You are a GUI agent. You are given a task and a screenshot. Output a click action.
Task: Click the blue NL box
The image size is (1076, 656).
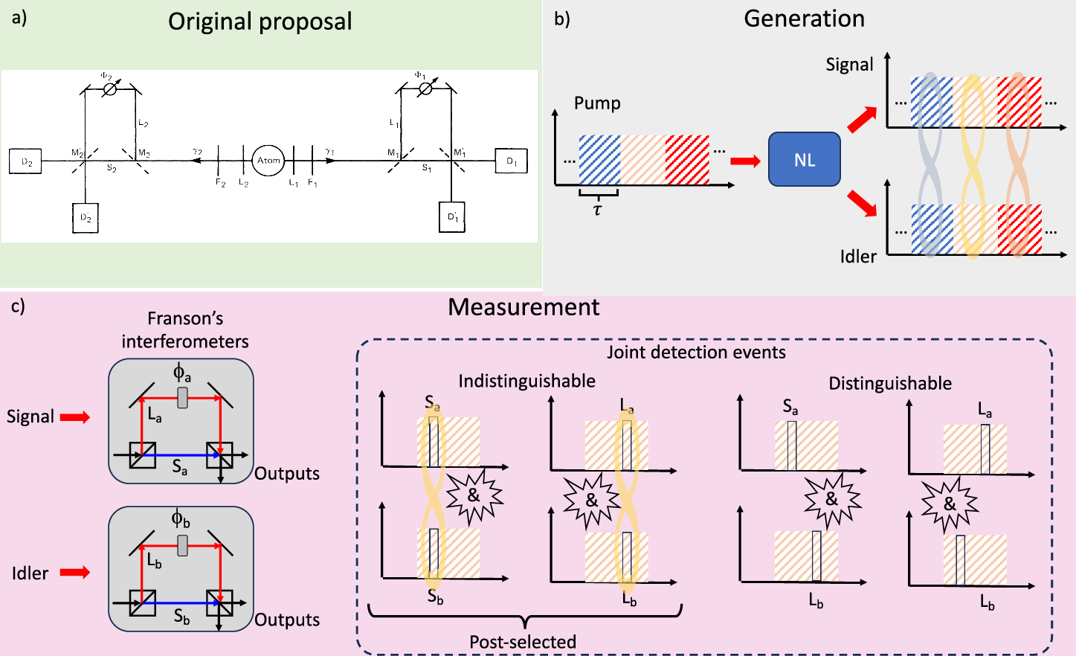[804, 159]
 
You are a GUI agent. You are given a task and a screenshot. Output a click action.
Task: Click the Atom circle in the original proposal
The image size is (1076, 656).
[268, 160]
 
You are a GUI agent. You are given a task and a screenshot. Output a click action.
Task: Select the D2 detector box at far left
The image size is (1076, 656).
[26, 161]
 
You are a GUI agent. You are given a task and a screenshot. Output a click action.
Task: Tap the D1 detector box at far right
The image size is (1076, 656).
[512, 161]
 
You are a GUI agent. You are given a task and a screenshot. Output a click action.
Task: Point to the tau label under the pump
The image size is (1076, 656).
[597, 210]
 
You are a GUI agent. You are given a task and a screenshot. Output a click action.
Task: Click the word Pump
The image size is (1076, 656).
[597, 103]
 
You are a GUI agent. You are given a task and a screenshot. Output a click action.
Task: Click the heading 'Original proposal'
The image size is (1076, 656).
[260, 22]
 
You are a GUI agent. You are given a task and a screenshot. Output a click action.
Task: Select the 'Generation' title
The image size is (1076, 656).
[804, 19]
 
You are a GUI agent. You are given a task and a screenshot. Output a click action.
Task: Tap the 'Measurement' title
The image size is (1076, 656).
[523, 307]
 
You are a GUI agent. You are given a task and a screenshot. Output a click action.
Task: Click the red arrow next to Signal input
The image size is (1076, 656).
[74, 417]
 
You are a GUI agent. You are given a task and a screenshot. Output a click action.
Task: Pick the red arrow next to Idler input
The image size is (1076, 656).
[74, 572]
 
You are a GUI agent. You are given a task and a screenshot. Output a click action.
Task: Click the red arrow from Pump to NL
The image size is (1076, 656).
[745, 161]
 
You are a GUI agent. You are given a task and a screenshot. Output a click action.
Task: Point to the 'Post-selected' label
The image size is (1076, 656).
[523, 642]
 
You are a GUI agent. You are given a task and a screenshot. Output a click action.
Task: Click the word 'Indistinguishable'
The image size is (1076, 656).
[526, 382]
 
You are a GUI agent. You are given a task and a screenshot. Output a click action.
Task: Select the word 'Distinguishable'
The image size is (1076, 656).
[890, 384]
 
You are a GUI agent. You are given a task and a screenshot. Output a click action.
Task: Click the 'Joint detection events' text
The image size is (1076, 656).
[696, 353]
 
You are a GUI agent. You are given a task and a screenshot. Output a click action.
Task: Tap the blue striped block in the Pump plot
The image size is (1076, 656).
[599, 159]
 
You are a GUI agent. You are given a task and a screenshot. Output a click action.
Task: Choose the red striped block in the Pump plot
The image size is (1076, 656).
[687, 159]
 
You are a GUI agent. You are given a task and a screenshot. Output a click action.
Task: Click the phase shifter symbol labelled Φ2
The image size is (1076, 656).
[109, 89]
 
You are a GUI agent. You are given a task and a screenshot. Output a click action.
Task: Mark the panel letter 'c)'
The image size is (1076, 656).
[18, 306]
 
